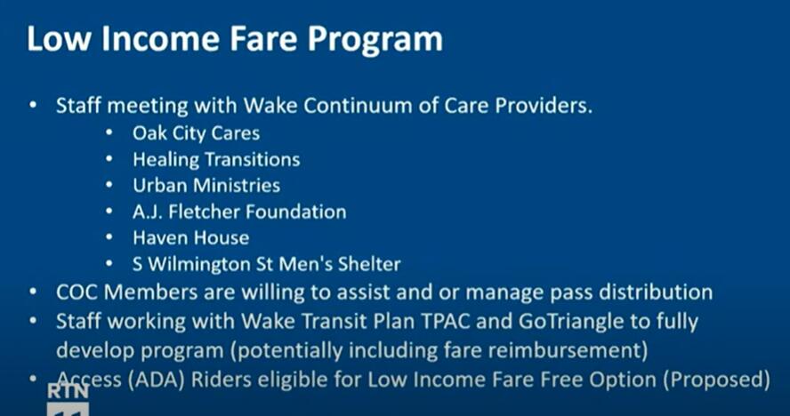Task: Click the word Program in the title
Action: pos(375,39)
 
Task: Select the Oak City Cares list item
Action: pos(196,133)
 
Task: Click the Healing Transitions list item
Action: pos(216,160)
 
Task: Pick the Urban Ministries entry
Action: pos(206,186)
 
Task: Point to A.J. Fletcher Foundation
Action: pos(239,212)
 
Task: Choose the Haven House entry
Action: pos(191,237)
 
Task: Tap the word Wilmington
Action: pos(199,265)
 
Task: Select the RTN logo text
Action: pos(68,391)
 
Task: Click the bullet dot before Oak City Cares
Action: pos(109,133)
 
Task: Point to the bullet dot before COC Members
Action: pos(33,292)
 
